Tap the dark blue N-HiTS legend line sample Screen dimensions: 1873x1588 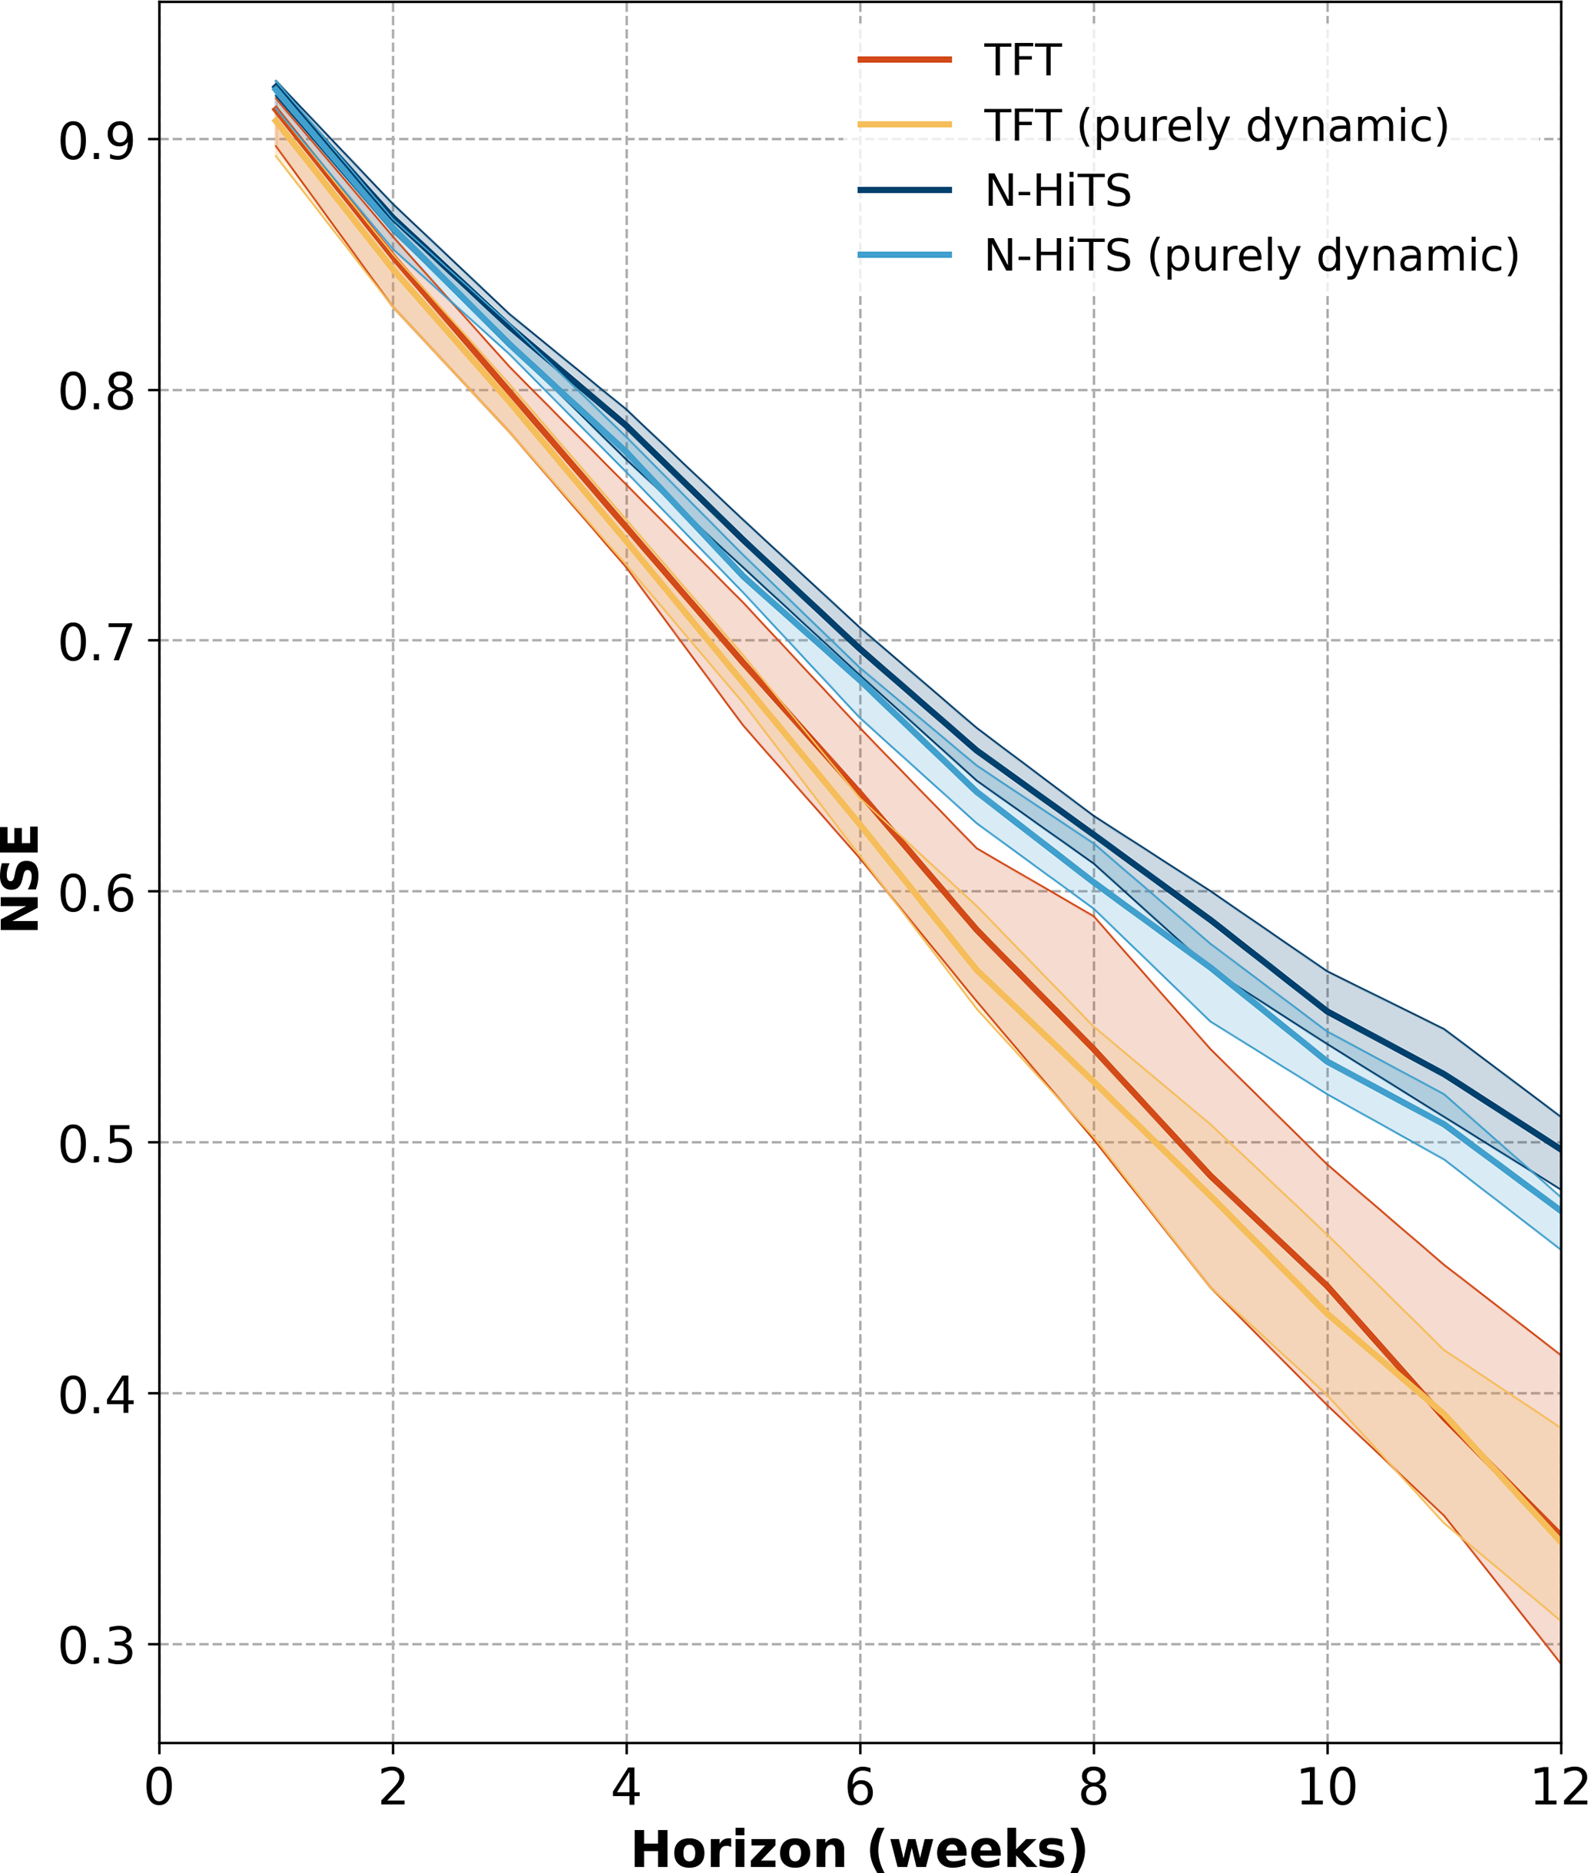(905, 190)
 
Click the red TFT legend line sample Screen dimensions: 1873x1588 (905, 60)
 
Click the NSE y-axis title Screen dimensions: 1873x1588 (22, 878)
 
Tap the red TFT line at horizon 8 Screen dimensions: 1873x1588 (1093, 1048)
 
